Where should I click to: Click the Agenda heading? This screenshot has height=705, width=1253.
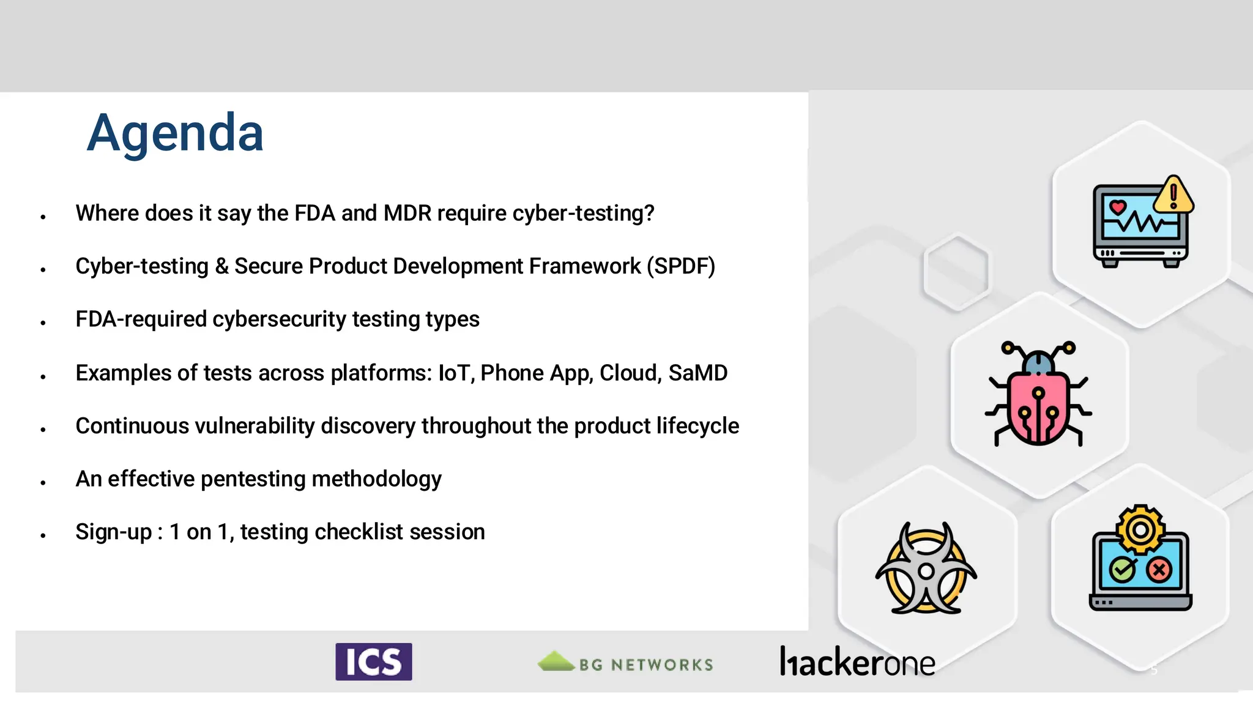pyautogui.click(x=175, y=133)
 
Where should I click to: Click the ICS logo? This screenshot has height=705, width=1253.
pyautogui.click(x=373, y=662)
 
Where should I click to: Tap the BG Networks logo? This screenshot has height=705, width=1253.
pyautogui.click(x=625, y=663)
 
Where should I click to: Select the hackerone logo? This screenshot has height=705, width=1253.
pyautogui.click(x=857, y=662)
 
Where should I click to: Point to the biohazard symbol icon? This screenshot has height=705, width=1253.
pyautogui.click(x=926, y=569)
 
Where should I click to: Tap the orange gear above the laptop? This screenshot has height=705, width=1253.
pyautogui.click(x=1140, y=529)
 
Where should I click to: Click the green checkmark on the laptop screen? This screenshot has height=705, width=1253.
pyautogui.click(x=1123, y=570)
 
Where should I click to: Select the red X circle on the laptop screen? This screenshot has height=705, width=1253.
pyautogui.click(x=1159, y=570)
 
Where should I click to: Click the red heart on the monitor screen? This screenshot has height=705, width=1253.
pyautogui.click(x=1118, y=207)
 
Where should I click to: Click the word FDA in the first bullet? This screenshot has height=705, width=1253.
pyautogui.click(x=314, y=213)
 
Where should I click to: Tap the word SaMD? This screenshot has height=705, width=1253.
pyautogui.click(x=697, y=373)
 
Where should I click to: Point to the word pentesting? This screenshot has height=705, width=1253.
pyautogui.click(x=253, y=479)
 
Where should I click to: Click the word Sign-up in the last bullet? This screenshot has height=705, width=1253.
pyautogui.click(x=113, y=532)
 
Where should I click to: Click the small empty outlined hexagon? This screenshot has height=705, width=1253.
pyautogui.click(x=956, y=272)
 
